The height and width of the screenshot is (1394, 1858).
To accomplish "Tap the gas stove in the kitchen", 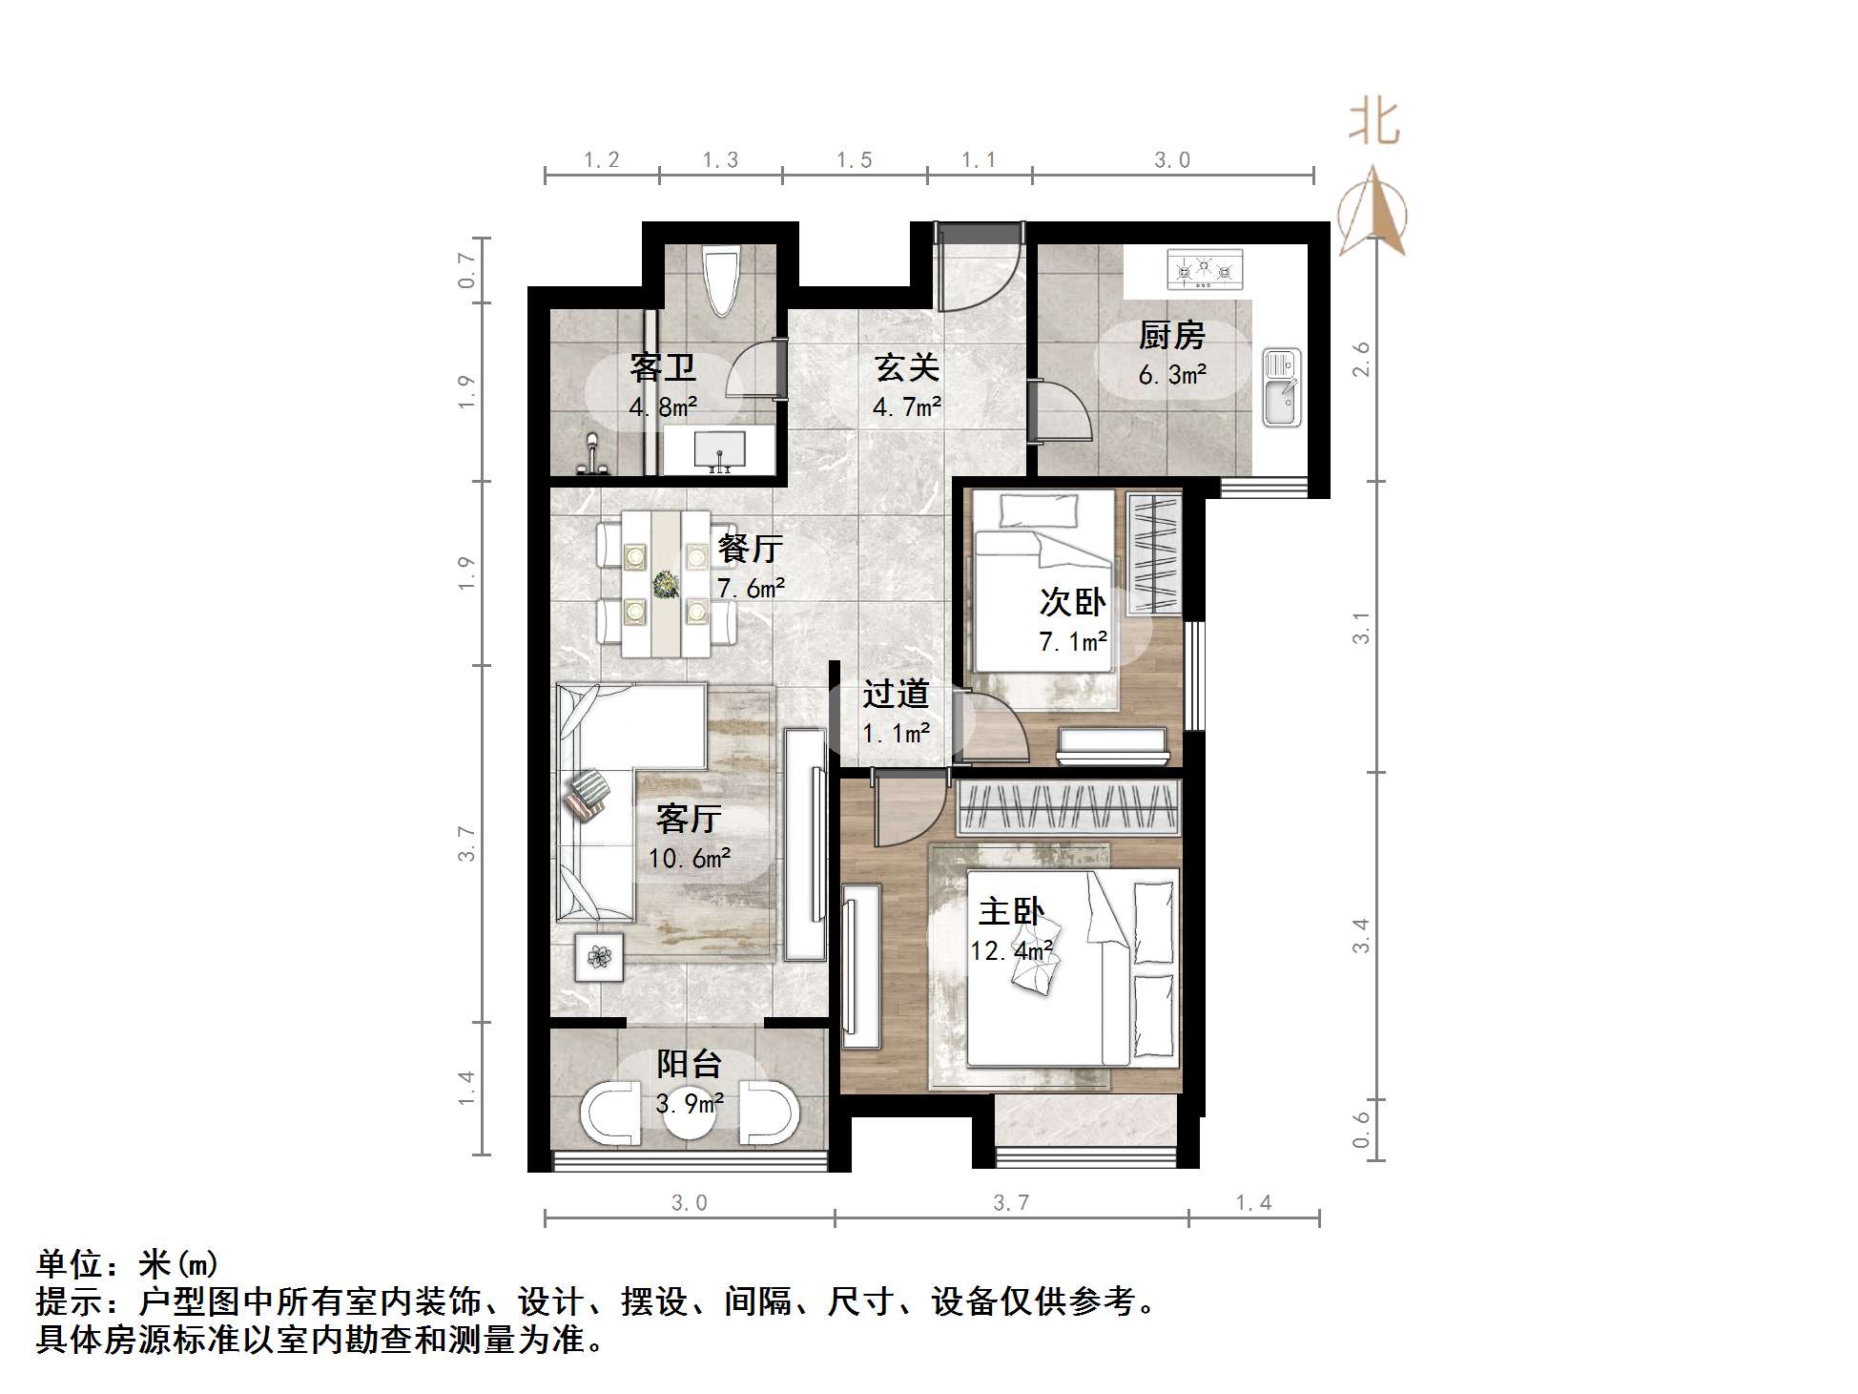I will click(1205, 270).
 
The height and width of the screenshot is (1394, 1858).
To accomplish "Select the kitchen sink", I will click(1281, 387).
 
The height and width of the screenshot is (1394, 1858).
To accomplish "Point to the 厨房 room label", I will click(1171, 336).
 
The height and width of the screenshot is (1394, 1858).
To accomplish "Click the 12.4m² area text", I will click(1011, 950).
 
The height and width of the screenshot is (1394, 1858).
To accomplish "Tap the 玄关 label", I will click(907, 368).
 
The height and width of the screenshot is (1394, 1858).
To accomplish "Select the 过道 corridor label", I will click(896, 694).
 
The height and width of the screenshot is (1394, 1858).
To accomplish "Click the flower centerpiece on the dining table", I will click(665, 582).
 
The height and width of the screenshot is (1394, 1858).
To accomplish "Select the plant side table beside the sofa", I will click(599, 956).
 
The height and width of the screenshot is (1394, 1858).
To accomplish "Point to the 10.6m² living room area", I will click(690, 858).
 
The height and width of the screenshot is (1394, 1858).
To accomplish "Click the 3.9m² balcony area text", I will click(689, 1104).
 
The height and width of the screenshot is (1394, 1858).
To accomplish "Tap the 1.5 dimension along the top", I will click(854, 160).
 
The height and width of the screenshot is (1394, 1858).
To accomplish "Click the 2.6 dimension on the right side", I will click(1361, 359).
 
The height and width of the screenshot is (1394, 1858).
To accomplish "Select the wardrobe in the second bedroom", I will click(1153, 554).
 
